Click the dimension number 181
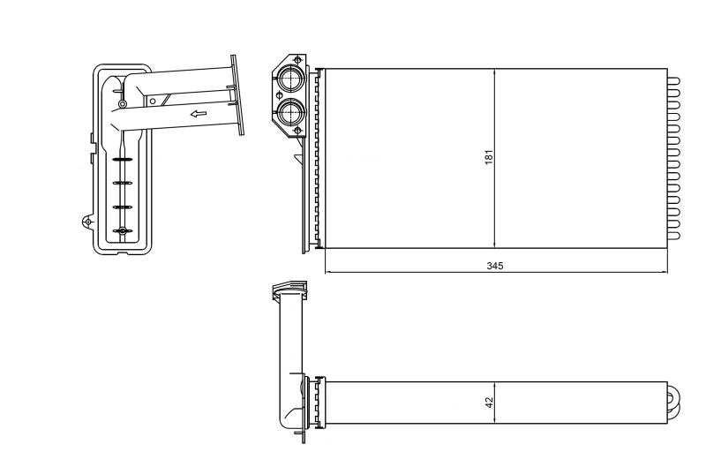488,156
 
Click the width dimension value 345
495,266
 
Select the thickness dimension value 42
488,402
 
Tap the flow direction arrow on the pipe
199,114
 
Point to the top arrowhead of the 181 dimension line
494,72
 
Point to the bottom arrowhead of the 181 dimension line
494,244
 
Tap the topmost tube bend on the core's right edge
674,80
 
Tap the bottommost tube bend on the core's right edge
674,235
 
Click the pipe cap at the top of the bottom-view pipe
288,290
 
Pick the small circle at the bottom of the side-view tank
123,231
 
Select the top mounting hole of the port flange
297,59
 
